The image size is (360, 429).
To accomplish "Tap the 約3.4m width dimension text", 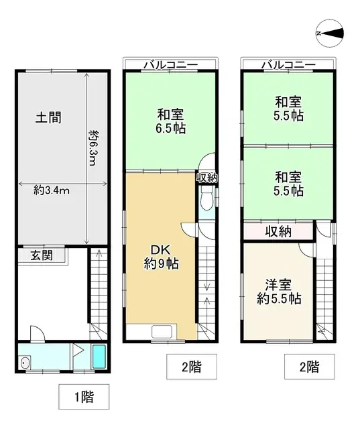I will [x=52, y=190].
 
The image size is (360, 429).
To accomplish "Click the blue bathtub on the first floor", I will [x=99, y=357].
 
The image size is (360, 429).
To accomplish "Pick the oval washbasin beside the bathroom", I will [x=26, y=363].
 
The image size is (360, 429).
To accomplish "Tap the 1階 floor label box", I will [x=84, y=396].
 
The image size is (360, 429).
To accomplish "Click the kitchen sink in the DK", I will [x=162, y=331].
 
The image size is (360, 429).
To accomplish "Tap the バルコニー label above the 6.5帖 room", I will [x=170, y=65].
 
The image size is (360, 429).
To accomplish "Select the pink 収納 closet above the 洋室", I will [x=277, y=231].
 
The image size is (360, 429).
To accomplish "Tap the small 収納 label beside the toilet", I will [x=206, y=178].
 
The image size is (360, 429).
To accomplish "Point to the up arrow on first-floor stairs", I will [x=98, y=257].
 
